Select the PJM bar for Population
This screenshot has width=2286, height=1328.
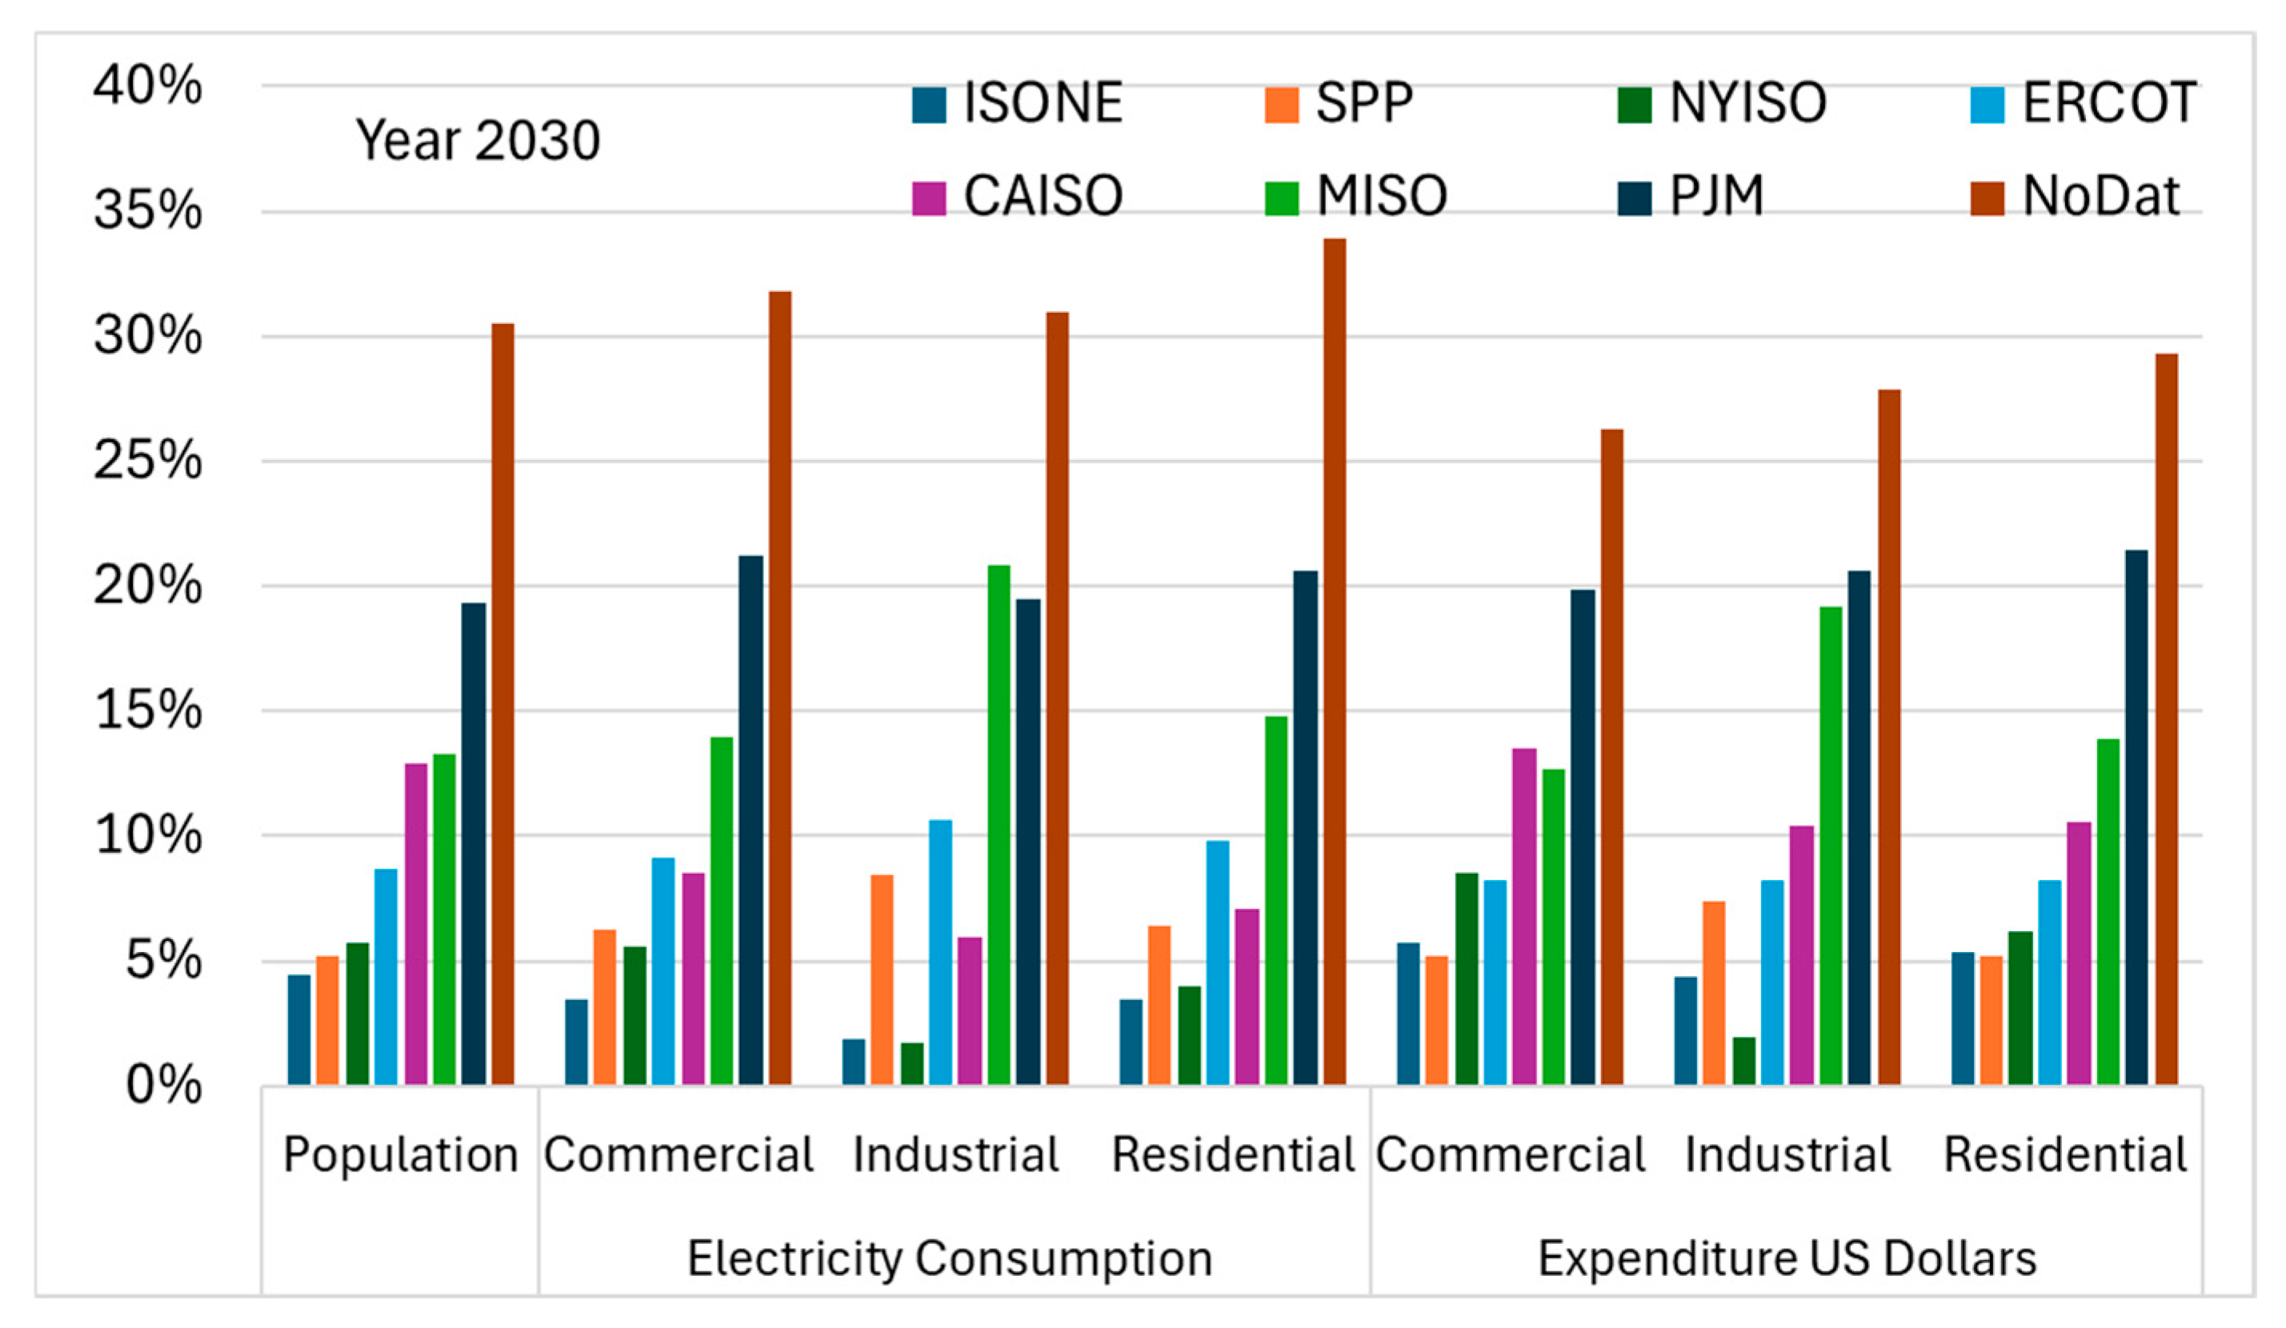pyautogui.click(x=473, y=844)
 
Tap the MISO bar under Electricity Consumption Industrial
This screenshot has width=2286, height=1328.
pyautogui.click(x=999, y=825)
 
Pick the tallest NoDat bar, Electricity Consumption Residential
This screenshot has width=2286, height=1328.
pyautogui.click(x=1335, y=662)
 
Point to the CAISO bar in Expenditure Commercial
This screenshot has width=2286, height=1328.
pyautogui.click(x=1524, y=916)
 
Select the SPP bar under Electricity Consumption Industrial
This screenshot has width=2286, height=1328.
pyautogui.click(x=882, y=980)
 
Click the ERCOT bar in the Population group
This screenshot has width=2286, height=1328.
pyautogui.click(x=386, y=976)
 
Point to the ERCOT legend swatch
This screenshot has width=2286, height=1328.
pyautogui.click(x=1987, y=104)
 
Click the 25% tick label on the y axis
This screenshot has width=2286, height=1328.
pyautogui.click(x=147, y=461)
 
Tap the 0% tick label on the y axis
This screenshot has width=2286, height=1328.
pyautogui.click(x=163, y=1085)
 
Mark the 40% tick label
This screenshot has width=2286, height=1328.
pyautogui.click(x=147, y=86)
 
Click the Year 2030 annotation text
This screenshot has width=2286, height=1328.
pyautogui.click(x=477, y=141)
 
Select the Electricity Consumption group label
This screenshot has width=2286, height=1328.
pyautogui.click(x=949, y=1259)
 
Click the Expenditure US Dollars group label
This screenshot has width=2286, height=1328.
pyautogui.click(x=1787, y=1259)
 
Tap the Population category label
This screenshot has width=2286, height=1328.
pyautogui.click(x=400, y=1154)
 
